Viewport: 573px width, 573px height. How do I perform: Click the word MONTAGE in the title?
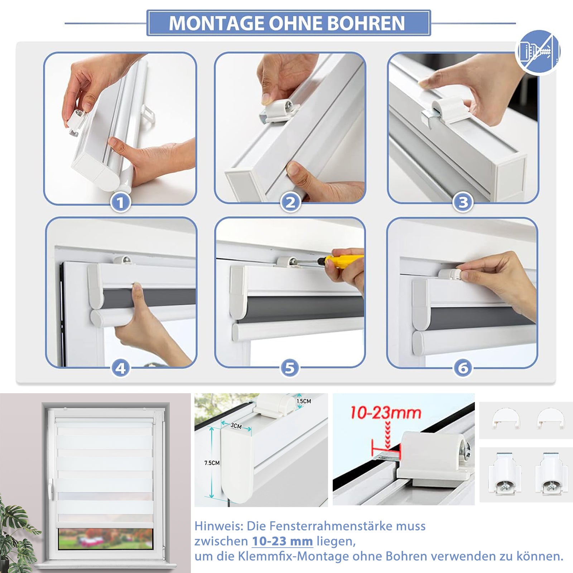217,23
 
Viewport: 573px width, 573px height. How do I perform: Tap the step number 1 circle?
120,203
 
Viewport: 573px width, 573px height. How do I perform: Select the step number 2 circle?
290,203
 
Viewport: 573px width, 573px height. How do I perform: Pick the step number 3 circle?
463,203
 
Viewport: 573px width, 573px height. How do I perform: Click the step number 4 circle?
120,368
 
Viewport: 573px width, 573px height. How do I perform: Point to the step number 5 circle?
290,368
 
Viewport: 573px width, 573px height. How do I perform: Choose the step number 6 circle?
463,368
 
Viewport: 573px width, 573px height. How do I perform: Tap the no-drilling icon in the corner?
538,52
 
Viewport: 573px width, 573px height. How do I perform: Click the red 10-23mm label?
385,413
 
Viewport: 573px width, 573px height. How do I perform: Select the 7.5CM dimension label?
212,463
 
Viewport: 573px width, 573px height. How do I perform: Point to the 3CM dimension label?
236,425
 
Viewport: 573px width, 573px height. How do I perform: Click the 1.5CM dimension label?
304,401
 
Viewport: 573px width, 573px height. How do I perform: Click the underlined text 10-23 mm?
282,541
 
